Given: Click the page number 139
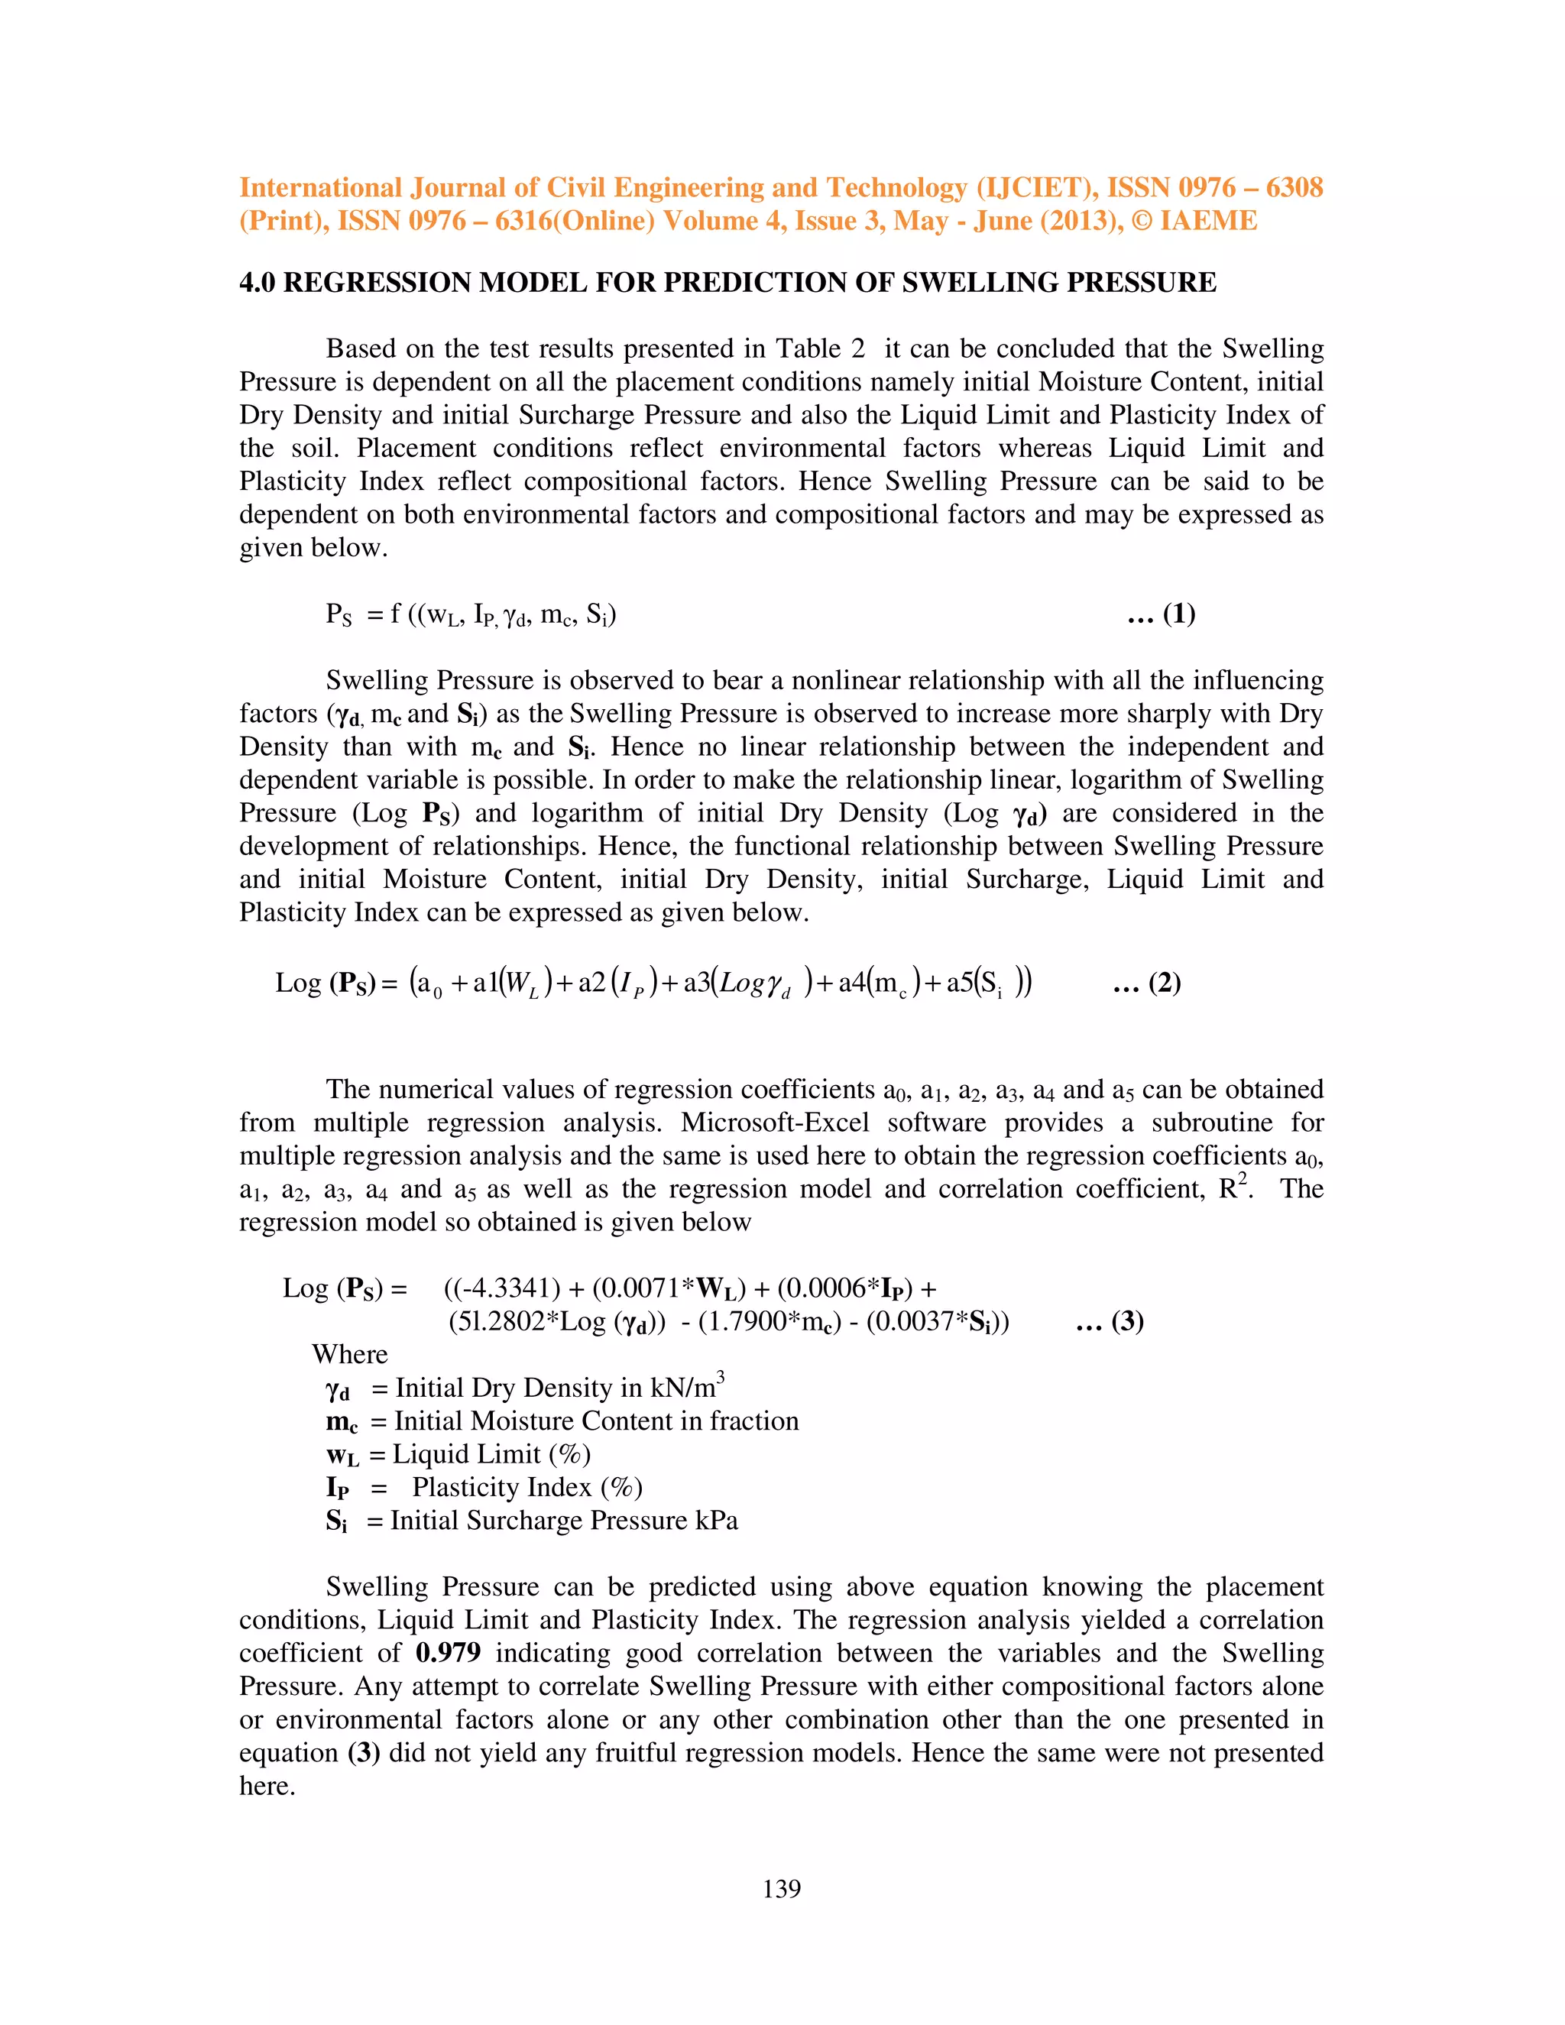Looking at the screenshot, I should [782, 1889].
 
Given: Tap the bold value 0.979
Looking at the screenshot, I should [448, 1652].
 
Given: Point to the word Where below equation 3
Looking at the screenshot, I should [349, 1354].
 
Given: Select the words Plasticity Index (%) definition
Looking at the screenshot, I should [527, 1486].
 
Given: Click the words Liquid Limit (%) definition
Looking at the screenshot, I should [491, 1454].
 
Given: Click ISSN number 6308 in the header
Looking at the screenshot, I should [1294, 187].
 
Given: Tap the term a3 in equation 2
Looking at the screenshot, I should [695, 983].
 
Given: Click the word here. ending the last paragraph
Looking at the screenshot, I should [267, 1786].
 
